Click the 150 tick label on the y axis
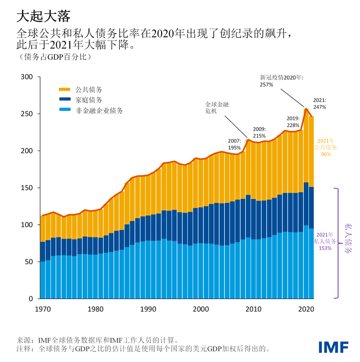click(x=28, y=188)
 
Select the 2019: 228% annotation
click(x=293, y=122)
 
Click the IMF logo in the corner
click(x=333, y=347)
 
